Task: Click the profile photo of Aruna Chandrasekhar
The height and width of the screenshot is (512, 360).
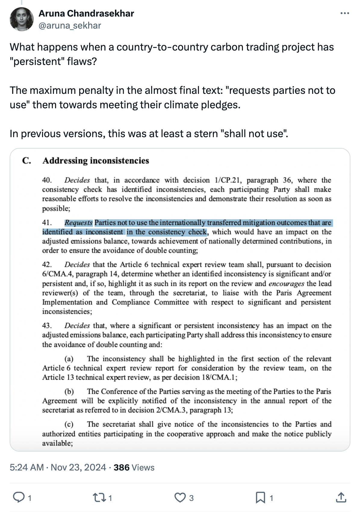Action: click(x=21, y=19)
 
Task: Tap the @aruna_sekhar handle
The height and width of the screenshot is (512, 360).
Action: click(x=70, y=26)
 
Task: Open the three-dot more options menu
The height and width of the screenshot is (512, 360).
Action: click(x=345, y=13)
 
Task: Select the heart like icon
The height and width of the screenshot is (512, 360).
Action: click(x=180, y=497)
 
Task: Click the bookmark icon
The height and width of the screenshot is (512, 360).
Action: click(x=260, y=497)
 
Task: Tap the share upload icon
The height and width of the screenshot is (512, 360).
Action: click(x=341, y=497)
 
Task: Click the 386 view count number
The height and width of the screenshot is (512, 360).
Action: click(x=121, y=467)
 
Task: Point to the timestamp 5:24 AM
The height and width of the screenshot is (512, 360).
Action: click(x=27, y=467)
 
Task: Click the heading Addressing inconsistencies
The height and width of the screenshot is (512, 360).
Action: click(x=96, y=161)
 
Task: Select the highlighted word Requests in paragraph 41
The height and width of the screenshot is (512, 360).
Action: click(x=78, y=223)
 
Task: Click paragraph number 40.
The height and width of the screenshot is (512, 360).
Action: click(x=47, y=180)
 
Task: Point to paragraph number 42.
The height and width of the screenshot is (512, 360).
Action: click(x=47, y=265)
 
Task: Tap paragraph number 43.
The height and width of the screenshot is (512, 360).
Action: click(x=47, y=326)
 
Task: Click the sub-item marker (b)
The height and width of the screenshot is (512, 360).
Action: click(x=69, y=391)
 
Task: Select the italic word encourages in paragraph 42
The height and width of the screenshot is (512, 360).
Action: click(x=286, y=284)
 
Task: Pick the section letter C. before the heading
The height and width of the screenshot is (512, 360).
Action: click(x=26, y=161)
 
